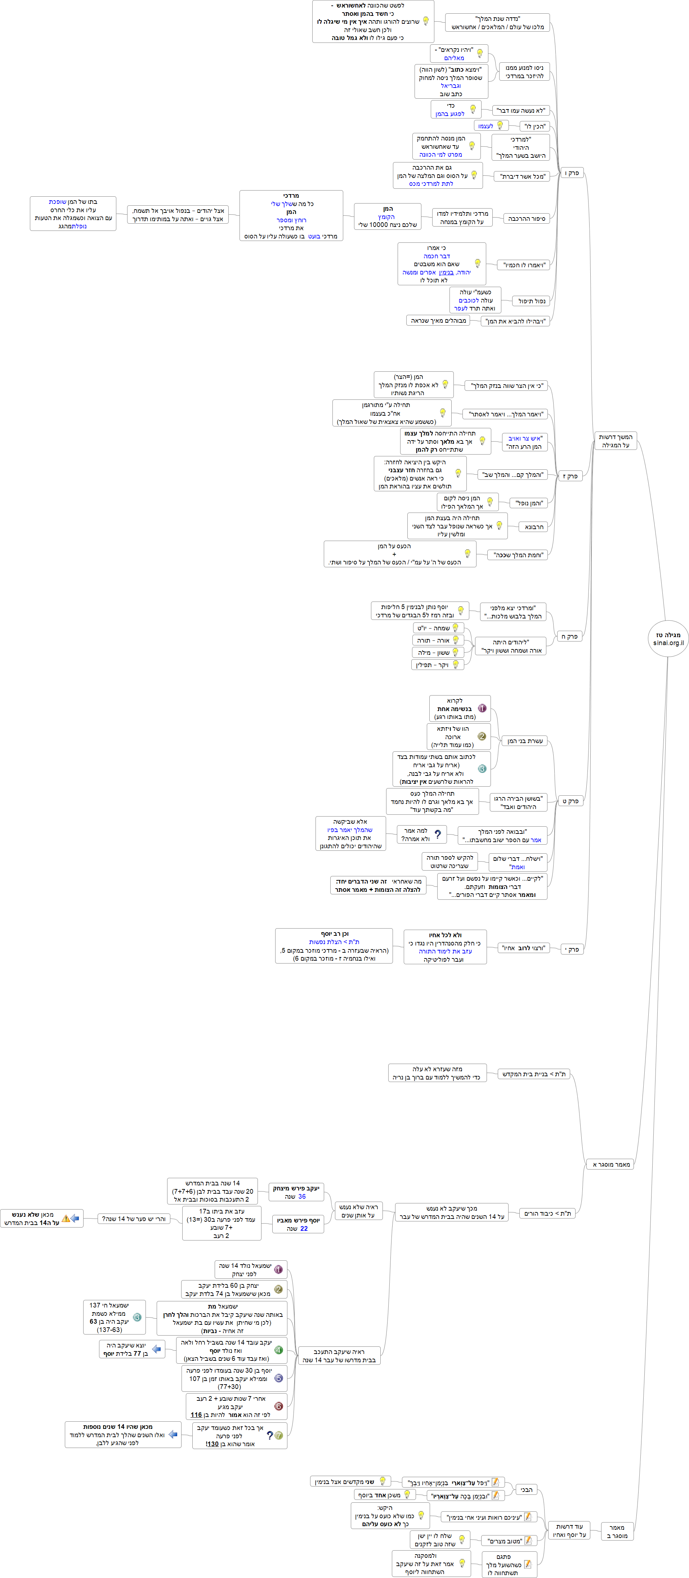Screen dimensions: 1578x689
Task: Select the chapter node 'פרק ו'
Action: point(572,173)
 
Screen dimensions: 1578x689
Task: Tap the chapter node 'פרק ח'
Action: point(569,636)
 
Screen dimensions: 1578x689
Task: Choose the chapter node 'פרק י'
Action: point(572,949)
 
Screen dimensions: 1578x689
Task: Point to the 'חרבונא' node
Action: point(534,526)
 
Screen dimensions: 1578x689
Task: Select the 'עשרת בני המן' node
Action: point(525,741)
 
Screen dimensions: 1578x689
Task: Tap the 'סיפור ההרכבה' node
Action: point(526,218)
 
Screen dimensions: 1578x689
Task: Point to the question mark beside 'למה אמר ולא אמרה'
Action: point(437,834)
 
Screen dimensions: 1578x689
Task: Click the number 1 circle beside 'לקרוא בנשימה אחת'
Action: point(482,708)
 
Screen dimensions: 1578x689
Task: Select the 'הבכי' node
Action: point(526,1489)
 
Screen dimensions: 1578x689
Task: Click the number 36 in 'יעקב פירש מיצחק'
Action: point(302,1196)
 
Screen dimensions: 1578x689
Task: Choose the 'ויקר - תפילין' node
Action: point(437,665)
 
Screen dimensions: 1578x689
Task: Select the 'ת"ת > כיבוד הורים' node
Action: point(547,1213)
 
